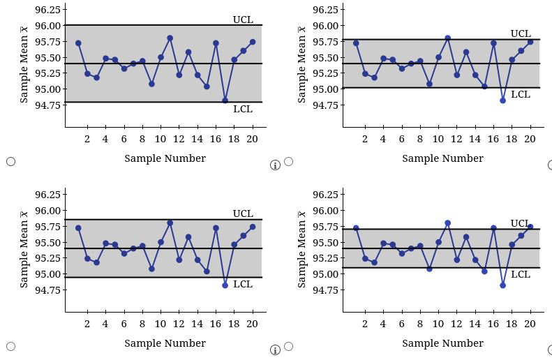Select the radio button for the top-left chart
(10, 161)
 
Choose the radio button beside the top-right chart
(288, 161)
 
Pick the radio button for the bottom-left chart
(10, 346)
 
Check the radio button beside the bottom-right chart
(288, 346)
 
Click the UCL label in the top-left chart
(243, 20)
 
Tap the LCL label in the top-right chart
(521, 94)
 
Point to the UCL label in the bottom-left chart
(243, 213)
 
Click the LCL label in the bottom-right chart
(521, 274)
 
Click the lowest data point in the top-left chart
(225, 100)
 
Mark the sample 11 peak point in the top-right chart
(447, 38)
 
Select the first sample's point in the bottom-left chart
(78, 228)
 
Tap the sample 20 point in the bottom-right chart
(530, 227)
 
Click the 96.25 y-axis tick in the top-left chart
(47, 10)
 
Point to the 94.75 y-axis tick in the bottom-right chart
(325, 290)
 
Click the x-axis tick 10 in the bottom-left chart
(161, 324)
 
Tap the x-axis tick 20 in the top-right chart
(530, 139)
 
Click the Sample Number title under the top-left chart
(165, 158)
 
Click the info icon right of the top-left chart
(275, 165)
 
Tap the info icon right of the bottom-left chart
(275, 350)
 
